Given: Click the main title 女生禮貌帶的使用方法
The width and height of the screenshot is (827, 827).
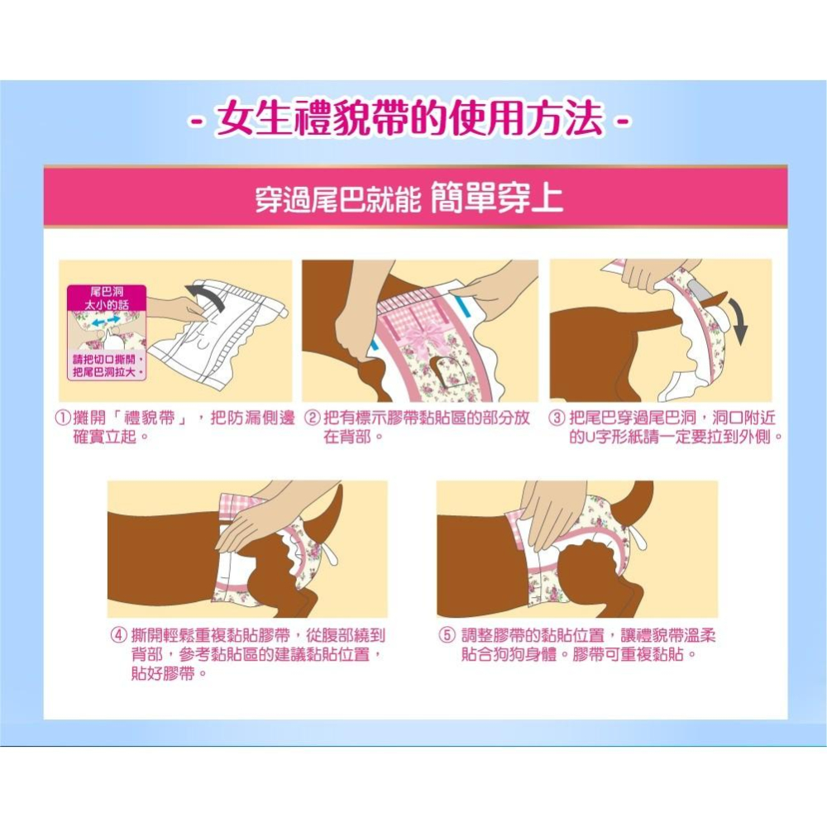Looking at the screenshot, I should point(409,121).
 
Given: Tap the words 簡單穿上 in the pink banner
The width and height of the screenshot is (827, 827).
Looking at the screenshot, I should point(497,199).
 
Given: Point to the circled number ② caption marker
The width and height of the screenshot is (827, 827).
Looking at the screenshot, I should point(313,418).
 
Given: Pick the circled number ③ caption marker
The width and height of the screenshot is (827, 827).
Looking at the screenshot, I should point(558,418).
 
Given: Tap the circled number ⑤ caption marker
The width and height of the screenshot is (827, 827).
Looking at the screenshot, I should point(447,635).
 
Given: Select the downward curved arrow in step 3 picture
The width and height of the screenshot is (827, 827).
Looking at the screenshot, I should point(739,323).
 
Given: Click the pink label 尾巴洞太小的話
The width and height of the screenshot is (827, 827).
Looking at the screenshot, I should point(106,299).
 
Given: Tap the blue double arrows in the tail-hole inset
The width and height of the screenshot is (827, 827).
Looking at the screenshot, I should point(106,318).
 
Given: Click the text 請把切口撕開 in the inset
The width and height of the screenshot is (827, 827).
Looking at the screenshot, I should point(106,361).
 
